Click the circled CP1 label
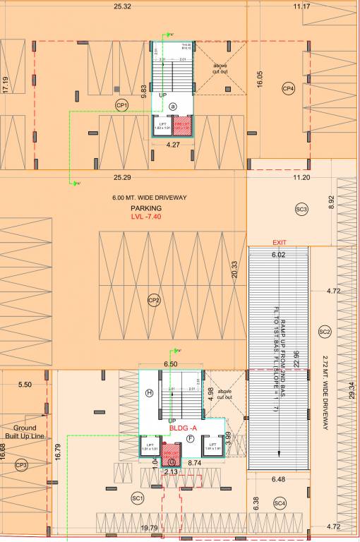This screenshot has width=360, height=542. [121, 105]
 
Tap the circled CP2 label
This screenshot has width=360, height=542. [154, 300]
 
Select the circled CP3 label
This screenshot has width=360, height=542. [21, 464]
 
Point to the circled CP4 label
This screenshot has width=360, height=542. [288, 88]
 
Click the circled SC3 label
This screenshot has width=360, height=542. [301, 209]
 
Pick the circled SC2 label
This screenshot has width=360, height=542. [325, 331]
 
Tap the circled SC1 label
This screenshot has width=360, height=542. [138, 498]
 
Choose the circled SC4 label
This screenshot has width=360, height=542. [280, 502]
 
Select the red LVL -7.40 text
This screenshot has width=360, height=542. [147, 217]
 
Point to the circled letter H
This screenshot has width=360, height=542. [149, 392]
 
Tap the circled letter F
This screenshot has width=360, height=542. [190, 438]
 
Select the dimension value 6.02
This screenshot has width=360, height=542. [278, 255]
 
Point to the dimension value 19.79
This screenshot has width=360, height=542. [149, 527]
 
